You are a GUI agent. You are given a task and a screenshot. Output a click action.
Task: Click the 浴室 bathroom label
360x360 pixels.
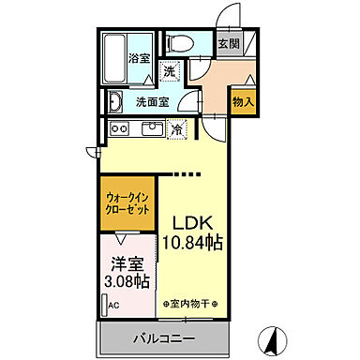[139, 57]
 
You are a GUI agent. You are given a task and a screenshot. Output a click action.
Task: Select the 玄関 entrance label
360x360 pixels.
[228, 43]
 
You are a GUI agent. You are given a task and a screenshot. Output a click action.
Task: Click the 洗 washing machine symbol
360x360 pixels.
[170, 71]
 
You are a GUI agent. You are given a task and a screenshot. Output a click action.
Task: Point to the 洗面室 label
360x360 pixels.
[151, 101]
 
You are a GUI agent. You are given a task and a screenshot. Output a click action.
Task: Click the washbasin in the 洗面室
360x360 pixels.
[114, 101]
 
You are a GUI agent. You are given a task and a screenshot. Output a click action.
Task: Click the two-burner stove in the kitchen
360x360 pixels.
[119, 128]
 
